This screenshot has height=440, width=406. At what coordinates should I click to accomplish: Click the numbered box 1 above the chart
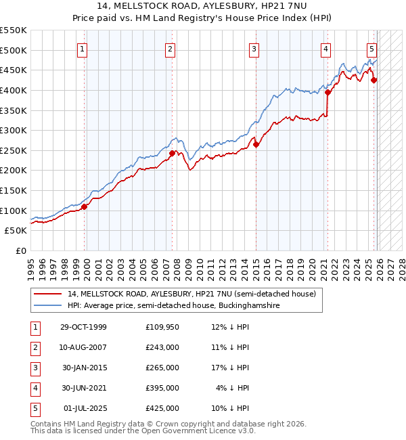(x=82, y=49)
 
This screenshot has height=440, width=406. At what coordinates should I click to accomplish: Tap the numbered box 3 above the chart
(x=253, y=49)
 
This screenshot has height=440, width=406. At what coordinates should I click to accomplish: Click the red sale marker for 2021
(x=328, y=93)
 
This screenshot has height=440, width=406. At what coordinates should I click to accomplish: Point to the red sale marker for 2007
(x=172, y=153)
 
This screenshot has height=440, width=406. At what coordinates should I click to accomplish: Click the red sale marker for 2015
(x=256, y=144)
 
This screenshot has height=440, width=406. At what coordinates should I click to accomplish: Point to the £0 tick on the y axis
(x=21, y=250)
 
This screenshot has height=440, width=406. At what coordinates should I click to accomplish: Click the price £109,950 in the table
(x=162, y=327)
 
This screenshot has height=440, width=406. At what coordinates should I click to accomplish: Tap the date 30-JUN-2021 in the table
(x=83, y=388)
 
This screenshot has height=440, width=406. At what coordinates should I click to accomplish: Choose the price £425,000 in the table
(x=162, y=408)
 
